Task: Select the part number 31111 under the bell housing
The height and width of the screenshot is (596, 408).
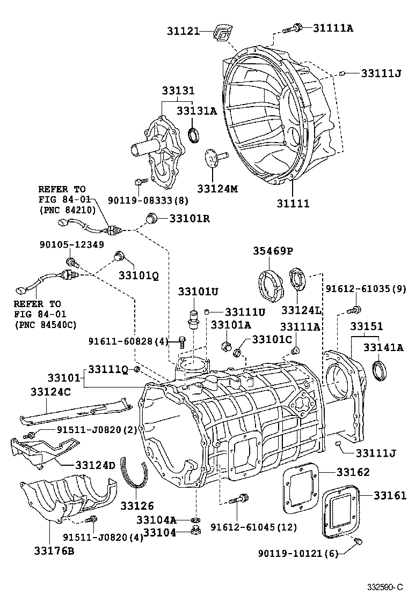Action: point(293,204)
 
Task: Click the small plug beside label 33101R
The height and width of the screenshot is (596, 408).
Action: point(152,218)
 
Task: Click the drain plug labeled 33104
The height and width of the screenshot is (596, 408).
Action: point(196,532)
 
